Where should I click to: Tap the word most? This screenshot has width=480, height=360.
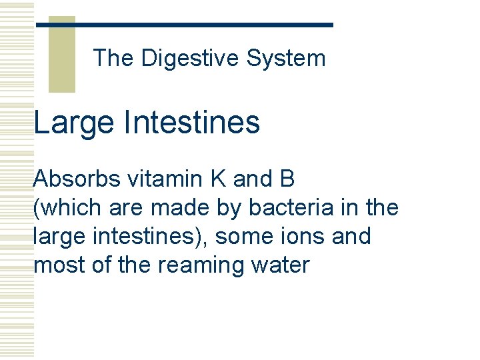tap(55, 265)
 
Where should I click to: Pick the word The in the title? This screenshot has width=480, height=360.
tap(114, 59)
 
